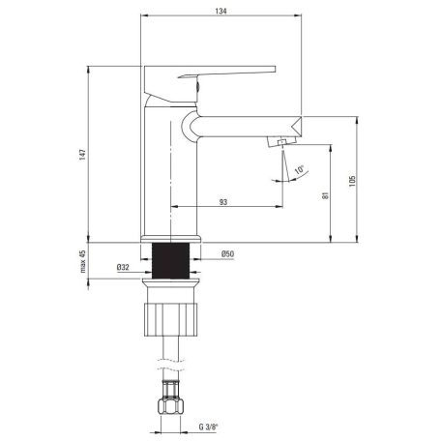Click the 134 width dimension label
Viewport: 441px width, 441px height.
220,11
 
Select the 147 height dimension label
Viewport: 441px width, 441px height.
83,155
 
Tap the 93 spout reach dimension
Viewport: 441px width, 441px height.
223,202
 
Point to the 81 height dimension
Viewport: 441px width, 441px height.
325,195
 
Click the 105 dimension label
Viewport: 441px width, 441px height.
352,181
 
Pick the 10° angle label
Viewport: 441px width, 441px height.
300,169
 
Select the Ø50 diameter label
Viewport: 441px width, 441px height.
227,253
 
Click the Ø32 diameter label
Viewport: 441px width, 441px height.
123,267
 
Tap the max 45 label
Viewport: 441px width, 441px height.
83,261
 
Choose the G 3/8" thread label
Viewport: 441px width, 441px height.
208,426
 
